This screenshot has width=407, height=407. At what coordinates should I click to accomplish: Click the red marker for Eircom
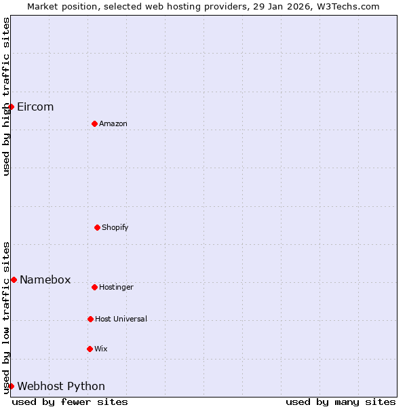pyautogui.click(x=11, y=106)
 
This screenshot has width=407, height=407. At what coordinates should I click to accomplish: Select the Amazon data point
pyautogui.click(x=94, y=123)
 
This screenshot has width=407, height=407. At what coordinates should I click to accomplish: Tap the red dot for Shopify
pyautogui.click(x=97, y=227)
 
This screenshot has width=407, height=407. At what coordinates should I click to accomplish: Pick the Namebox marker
pyautogui.click(x=14, y=279)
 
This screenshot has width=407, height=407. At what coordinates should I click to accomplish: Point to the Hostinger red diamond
pyautogui.click(x=94, y=287)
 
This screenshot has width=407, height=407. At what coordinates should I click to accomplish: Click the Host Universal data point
pyautogui.click(x=90, y=319)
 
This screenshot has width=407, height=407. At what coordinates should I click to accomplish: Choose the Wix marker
pyautogui.click(x=90, y=349)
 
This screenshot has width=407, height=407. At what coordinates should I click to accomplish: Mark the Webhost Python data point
pyautogui.click(x=11, y=386)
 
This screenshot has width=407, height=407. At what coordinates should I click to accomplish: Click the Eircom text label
pyautogui.click(x=35, y=106)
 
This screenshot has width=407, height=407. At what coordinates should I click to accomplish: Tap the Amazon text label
pyautogui.click(x=113, y=123)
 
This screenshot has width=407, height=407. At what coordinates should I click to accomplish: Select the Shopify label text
pyautogui.click(x=115, y=227)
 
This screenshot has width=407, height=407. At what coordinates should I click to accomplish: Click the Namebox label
pyautogui.click(x=45, y=279)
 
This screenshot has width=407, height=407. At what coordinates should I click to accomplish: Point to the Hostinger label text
pyautogui.click(x=116, y=287)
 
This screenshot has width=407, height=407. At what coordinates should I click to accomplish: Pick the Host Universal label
pyautogui.click(x=121, y=319)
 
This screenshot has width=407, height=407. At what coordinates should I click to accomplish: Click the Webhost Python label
pyautogui.click(x=61, y=386)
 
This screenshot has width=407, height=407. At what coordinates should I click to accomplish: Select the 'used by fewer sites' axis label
pyautogui.click(x=70, y=402)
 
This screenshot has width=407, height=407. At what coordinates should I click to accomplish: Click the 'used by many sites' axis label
pyautogui.click(x=341, y=402)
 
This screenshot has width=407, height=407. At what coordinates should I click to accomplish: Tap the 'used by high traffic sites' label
pyautogui.click(x=6, y=96)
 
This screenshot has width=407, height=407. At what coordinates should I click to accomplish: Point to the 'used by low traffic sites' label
pyautogui.click(x=6, y=317)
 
